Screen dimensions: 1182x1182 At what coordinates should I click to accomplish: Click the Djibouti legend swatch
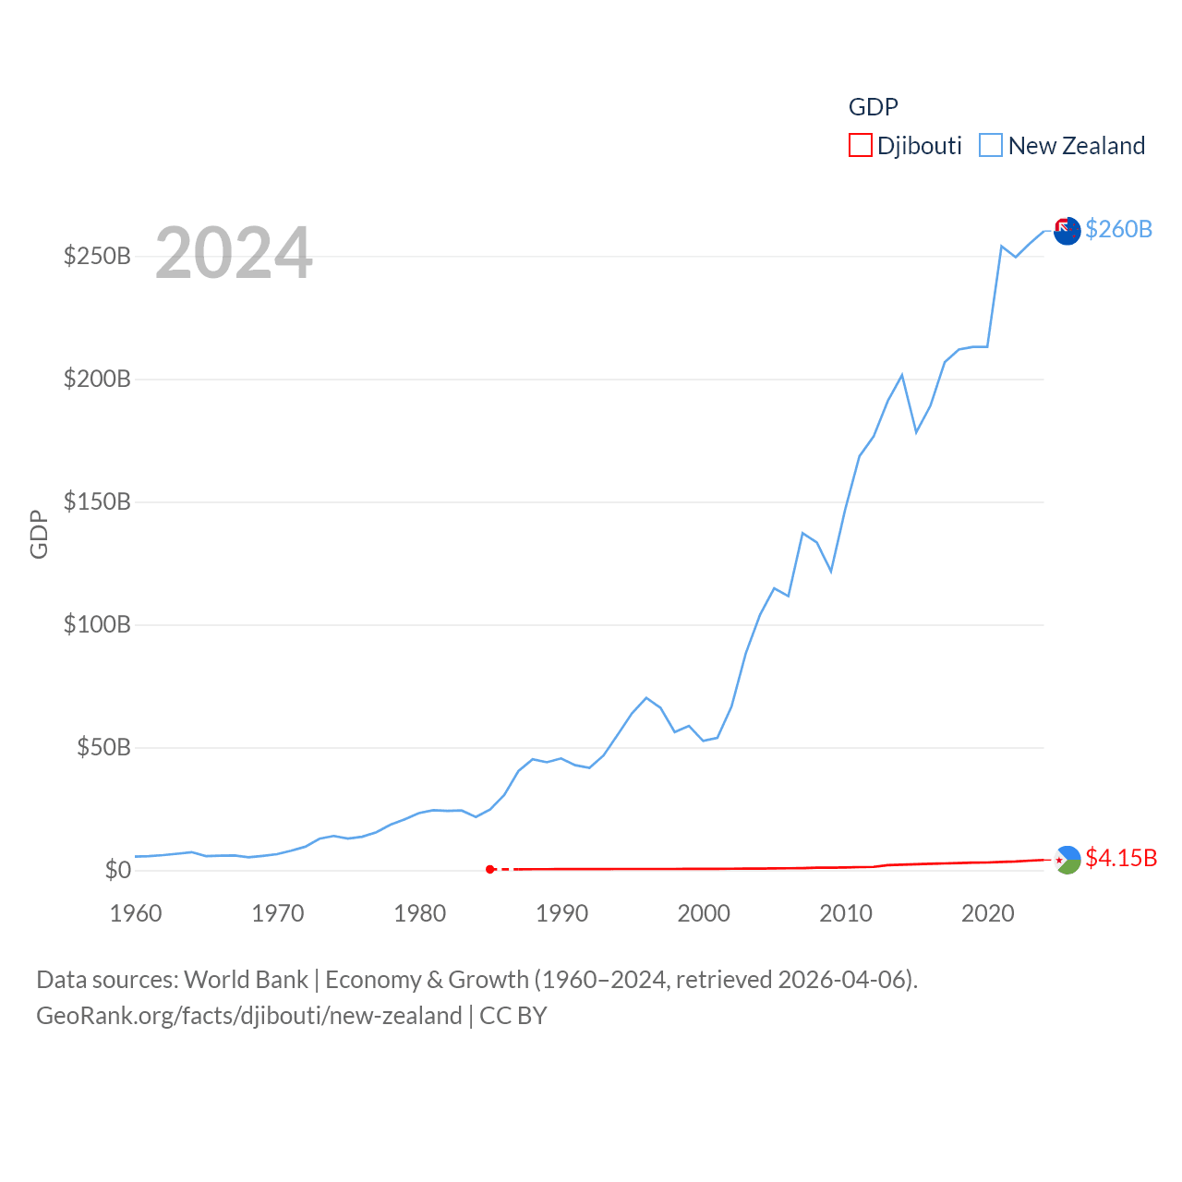(860, 146)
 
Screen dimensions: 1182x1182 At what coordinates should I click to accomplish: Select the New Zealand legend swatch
(991, 146)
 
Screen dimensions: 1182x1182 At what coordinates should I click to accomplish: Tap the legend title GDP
(873, 107)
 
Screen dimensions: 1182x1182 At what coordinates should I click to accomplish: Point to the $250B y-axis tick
(97, 256)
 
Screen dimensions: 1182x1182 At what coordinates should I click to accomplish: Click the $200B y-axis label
(97, 379)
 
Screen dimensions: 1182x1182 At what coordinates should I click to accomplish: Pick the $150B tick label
(97, 501)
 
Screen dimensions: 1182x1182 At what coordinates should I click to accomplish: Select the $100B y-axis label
(97, 624)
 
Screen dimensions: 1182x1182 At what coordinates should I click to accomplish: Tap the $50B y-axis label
(103, 747)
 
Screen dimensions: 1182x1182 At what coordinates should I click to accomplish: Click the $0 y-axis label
(117, 870)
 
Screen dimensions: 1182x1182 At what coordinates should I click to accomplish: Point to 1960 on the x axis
(136, 913)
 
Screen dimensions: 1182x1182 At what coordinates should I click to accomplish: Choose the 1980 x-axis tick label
(420, 913)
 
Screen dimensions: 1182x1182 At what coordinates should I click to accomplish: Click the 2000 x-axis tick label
(704, 913)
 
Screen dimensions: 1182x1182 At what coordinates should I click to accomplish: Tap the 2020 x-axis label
(988, 913)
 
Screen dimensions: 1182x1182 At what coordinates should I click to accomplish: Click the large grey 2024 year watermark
(234, 253)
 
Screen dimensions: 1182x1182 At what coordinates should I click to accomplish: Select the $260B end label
(1118, 229)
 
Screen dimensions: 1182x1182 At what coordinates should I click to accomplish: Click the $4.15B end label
(1121, 858)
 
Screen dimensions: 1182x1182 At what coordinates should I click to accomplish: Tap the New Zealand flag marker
(1067, 231)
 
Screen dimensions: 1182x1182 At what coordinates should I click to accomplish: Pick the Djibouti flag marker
(1067, 860)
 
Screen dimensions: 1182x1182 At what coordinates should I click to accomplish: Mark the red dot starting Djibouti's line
(490, 869)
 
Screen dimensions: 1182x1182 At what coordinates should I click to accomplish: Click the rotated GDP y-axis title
(39, 534)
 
